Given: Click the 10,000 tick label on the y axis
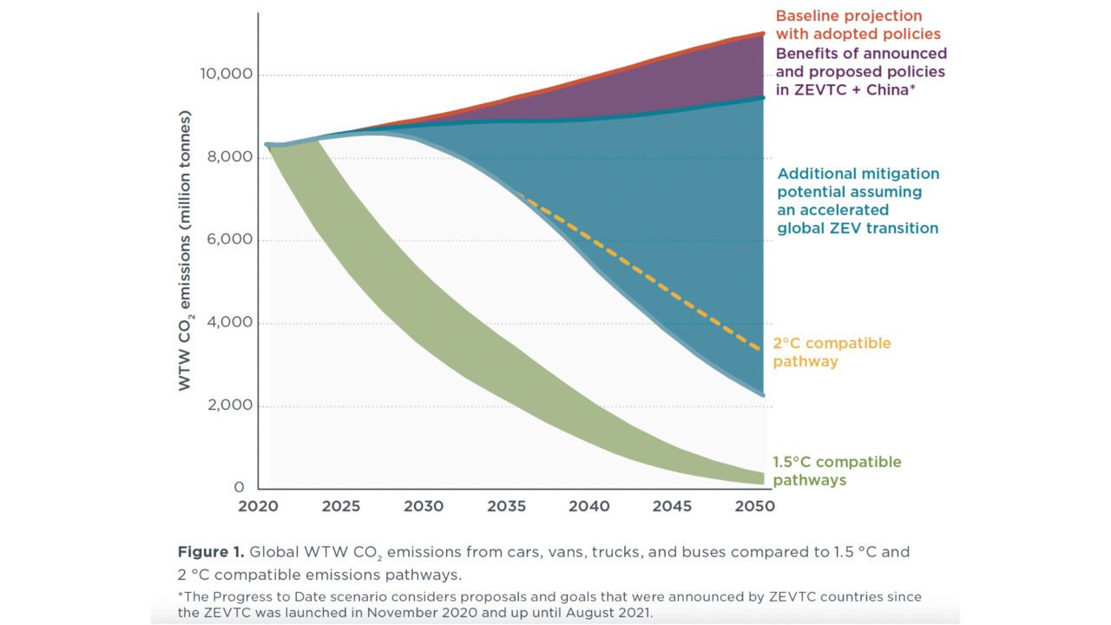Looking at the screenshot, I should [x=226, y=75].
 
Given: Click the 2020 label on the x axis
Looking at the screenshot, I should [x=258, y=506].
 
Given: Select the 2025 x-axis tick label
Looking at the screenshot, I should [x=340, y=506].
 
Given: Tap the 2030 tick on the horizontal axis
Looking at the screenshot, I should [x=424, y=506].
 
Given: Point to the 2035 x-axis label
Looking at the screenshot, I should [x=506, y=506].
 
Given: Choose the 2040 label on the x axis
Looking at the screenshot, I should [x=589, y=506].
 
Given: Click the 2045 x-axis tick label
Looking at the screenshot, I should [x=672, y=506].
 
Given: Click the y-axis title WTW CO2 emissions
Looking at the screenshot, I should [x=185, y=252].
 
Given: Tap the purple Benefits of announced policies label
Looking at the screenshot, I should [x=860, y=72].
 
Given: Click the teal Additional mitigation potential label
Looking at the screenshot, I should [x=858, y=201].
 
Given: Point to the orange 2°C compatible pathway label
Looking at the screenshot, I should [x=832, y=352].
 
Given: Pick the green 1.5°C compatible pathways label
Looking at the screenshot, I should [x=837, y=470].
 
